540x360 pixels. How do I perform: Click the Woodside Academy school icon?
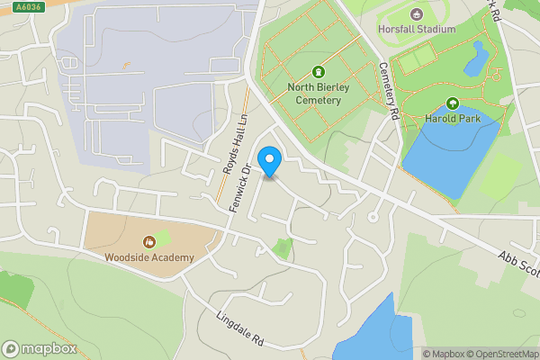coord(149,242)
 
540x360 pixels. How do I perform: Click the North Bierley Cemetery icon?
coord(318,72)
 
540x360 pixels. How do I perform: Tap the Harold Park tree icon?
coord(453,103)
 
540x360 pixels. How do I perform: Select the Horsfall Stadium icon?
coord(416,13)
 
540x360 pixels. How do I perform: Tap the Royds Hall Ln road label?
coord(237,144)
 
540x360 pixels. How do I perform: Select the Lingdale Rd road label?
coord(239,328)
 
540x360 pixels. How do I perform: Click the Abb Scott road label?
coord(518,264)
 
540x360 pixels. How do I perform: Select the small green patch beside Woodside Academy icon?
coord(163,239)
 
